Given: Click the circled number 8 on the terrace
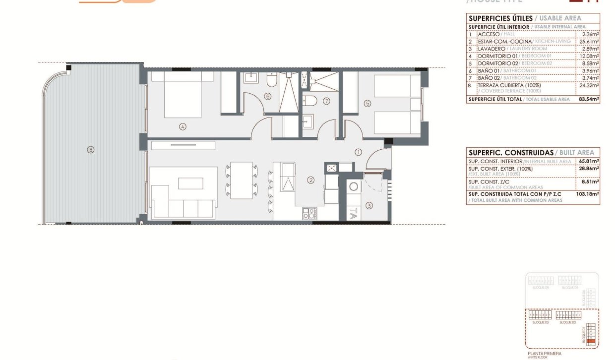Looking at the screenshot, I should [90, 149].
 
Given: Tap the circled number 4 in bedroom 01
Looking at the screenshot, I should [183, 126].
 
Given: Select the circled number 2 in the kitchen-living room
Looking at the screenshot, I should [311, 180].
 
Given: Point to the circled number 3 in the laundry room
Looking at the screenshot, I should [369, 205].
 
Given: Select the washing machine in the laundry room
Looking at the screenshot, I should [354, 186].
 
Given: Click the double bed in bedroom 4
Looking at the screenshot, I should [183, 94].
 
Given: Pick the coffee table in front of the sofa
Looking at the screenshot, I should [190, 183].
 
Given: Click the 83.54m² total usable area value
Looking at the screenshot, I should [589, 99].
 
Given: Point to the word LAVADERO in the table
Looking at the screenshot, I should [492, 49].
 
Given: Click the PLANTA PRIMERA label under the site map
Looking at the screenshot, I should [545, 353].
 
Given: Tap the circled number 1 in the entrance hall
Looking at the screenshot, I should [358, 152].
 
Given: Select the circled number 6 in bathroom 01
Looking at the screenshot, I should [268, 96].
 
